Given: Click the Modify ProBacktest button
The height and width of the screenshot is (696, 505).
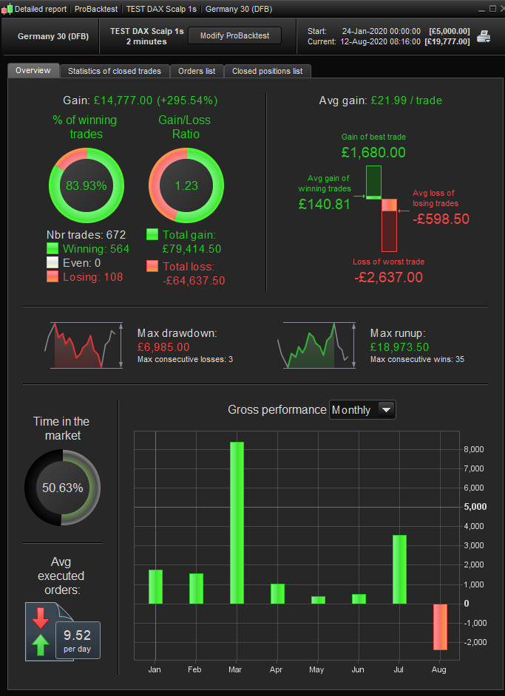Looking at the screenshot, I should click(240, 35).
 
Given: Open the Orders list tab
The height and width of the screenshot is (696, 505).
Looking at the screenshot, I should click(197, 71).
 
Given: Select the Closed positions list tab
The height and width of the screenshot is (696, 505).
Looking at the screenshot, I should click(267, 71).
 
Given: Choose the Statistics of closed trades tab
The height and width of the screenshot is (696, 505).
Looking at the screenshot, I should click(115, 71).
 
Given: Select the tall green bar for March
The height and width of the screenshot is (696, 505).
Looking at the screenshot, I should click(237, 522).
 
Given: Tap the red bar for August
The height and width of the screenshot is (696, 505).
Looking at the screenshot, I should click(439, 627).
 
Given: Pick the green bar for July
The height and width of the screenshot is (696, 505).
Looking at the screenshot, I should click(399, 569).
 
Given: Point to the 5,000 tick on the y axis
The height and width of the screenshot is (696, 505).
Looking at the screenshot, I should click(475, 507).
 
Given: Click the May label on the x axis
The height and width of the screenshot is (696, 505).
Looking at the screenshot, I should click(317, 669).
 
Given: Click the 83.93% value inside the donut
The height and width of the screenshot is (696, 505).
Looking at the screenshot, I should click(87, 185).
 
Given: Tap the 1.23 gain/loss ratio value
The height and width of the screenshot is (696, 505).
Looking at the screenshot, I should click(186, 185).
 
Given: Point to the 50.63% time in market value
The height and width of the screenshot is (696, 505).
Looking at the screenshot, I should click(62, 488).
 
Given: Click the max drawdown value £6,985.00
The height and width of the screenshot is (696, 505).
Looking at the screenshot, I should click(163, 347).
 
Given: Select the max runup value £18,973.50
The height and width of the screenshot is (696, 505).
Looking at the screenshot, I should click(399, 347).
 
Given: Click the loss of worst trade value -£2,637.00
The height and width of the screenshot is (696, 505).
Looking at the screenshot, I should click(388, 278).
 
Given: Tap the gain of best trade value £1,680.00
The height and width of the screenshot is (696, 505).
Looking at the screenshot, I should click(373, 152).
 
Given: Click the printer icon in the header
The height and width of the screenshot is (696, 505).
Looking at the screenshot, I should click(484, 36).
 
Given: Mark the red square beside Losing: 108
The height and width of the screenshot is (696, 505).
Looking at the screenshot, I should click(52, 276).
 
